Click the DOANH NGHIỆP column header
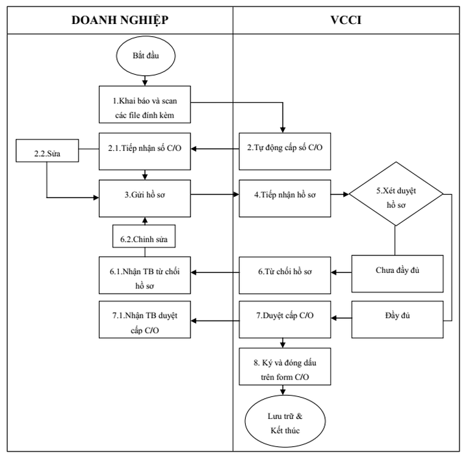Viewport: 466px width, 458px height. [120, 19]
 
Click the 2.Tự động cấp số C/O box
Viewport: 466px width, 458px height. [284, 147]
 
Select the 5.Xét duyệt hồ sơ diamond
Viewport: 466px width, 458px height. [396, 194]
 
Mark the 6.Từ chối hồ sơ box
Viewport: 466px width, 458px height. [284, 272]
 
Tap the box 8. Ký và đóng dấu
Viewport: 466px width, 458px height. [284, 368]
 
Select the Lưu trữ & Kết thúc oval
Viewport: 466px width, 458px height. [284, 423]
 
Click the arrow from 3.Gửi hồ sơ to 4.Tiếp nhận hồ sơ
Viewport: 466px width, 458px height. [214, 194]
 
